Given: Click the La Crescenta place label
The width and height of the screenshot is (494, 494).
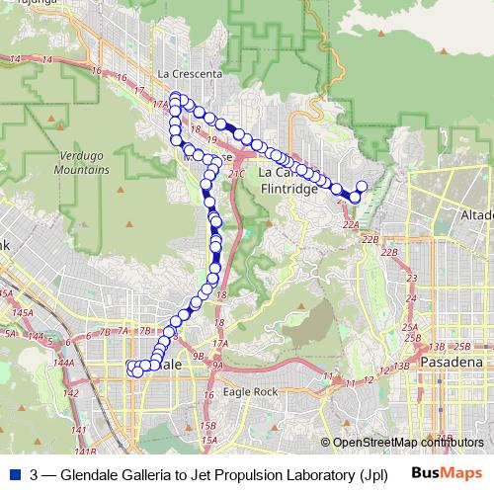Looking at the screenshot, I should tap(190, 74).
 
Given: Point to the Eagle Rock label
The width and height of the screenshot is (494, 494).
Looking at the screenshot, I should tap(251, 391).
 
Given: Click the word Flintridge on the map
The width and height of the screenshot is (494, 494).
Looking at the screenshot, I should tap(290, 189).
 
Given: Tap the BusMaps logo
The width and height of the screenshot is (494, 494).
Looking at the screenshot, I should tap(446, 472).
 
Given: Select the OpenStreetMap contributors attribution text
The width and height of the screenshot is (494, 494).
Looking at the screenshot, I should tap(403, 443).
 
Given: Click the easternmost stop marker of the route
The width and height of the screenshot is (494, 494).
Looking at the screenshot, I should tap(362, 186).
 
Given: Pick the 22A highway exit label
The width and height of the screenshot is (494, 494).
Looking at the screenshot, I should tap(351, 225).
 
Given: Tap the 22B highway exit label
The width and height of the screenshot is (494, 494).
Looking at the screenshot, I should tap(370, 239).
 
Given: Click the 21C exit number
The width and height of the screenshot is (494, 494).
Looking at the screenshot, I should tap(236, 174).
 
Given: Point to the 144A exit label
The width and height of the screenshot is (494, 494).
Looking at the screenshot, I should tap(63, 363).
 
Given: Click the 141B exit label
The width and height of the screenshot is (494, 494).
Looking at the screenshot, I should tap(86, 452).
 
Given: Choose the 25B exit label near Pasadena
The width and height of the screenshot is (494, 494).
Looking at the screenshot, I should tap(461, 347).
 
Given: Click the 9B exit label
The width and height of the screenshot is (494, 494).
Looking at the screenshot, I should tap(199, 356).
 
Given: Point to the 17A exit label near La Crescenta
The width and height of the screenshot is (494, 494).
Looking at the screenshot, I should tap(162, 102).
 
